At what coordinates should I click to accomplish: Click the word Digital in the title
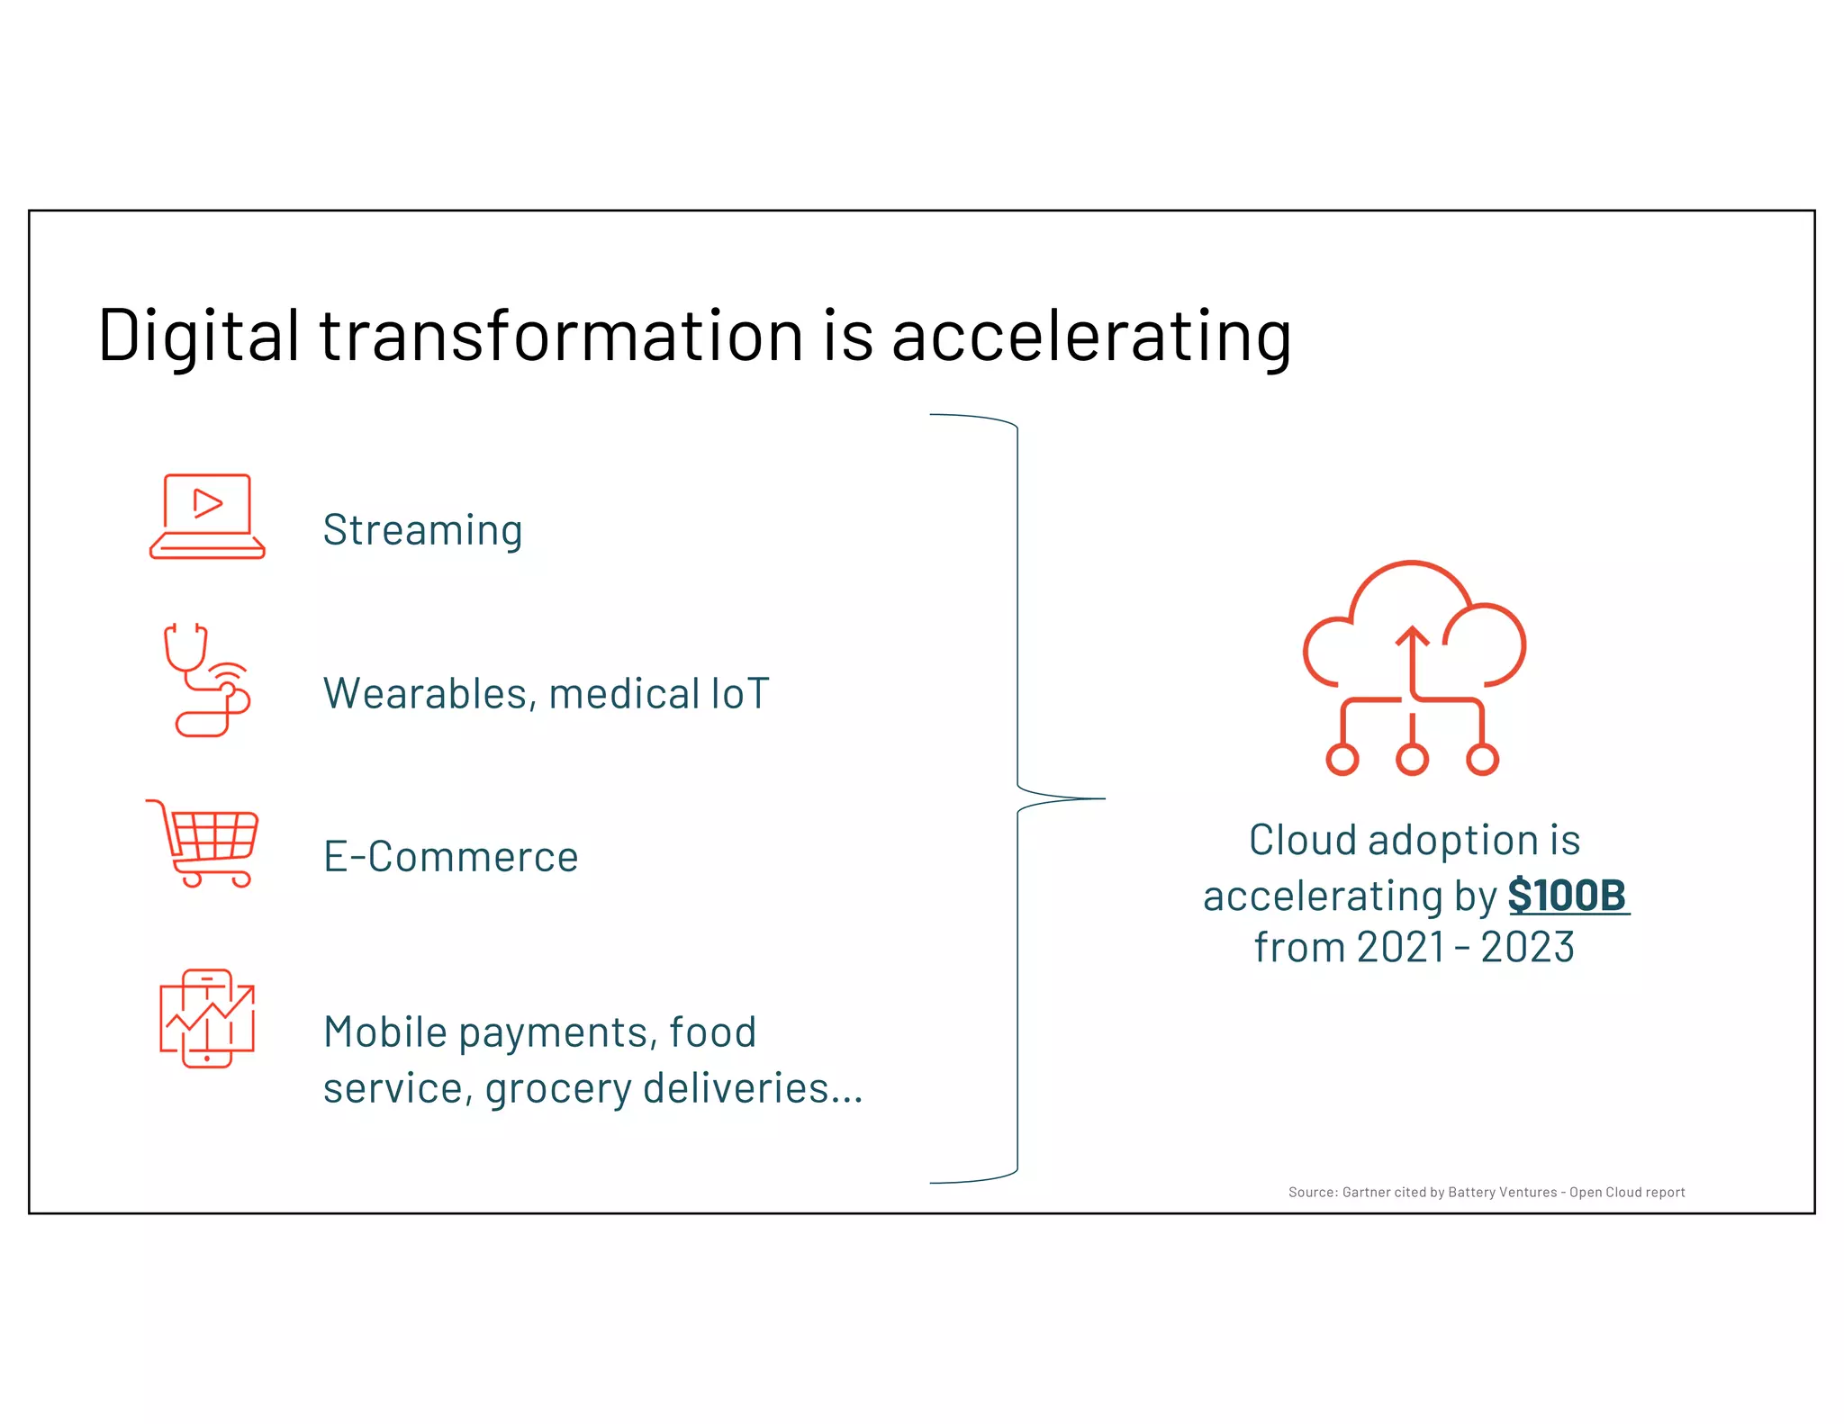[x=198, y=335]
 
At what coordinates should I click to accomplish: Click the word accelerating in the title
[x=1091, y=337]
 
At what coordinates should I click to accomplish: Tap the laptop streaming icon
[x=207, y=517]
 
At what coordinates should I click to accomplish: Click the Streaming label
[x=422, y=529]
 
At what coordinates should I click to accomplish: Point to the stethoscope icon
[x=206, y=680]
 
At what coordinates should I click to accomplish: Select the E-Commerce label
[x=450, y=856]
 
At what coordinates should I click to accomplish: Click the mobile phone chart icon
[x=207, y=1018]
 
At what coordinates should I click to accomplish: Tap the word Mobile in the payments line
[x=384, y=1032]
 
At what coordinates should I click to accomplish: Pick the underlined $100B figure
[x=1568, y=895]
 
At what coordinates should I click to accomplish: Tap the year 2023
[x=1527, y=947]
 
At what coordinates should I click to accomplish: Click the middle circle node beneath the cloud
[x=1412, y=759]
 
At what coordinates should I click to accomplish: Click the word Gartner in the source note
[x=1366, y=1192]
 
